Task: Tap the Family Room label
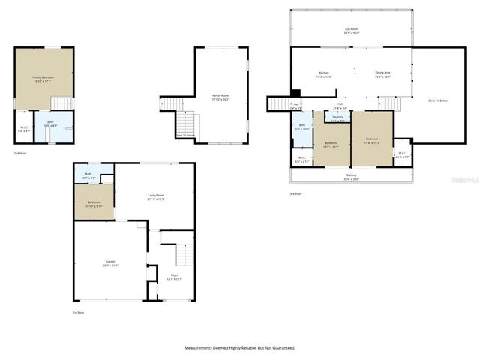point(221,97)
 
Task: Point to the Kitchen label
point(323,74)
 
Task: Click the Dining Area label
point(382,74)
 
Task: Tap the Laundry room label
point(337,118)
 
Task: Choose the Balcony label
point(352,177)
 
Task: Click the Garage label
point(110,264)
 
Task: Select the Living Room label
point(156,196)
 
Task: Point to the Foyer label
point(174,277)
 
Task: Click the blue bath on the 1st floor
point(88,175)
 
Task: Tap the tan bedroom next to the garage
point(94,203)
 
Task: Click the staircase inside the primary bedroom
point(61,103)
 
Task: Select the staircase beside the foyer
point(184,256)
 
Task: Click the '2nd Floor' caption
point(20,153)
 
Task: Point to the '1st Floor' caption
point(78,311)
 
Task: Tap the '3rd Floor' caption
point(296,193)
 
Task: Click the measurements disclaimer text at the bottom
point(240,347)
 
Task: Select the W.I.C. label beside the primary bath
point(24,128)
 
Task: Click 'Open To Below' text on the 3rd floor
point(438,100)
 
